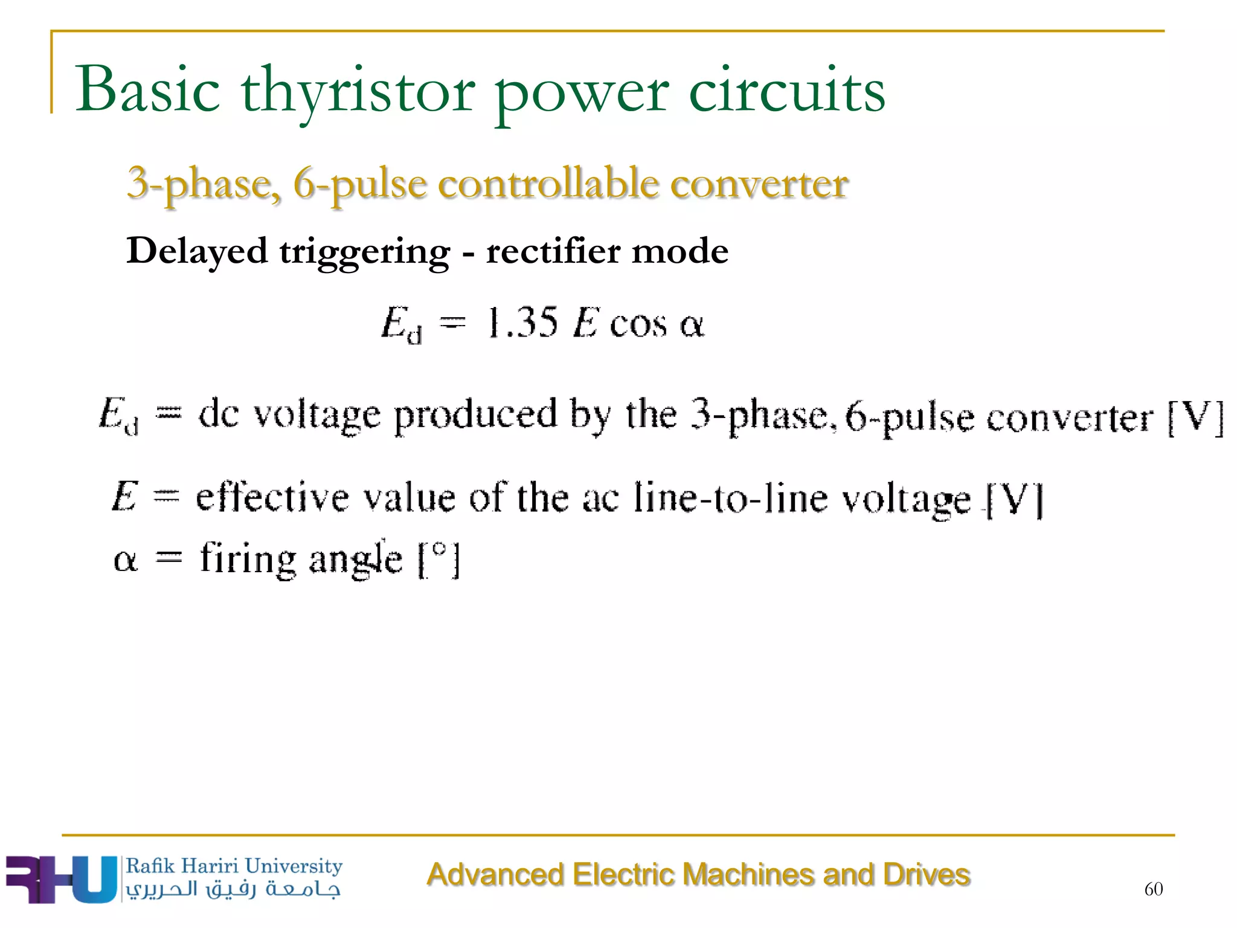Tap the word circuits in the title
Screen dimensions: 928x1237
(x=786, y=91)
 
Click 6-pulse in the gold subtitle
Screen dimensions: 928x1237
(x=360, y=185)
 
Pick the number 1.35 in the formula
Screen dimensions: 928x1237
(x=522, y=323)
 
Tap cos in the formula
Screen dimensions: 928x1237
(x=638, y=325)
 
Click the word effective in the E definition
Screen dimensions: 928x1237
(x=272, y=498)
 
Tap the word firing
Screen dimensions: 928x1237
(x=248, y=559)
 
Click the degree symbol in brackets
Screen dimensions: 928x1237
(x=439, y=551)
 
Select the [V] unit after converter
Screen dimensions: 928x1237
(x=1195, y=418)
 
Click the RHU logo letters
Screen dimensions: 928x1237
(x=60, y=879)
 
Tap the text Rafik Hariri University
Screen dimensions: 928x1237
(x=234, y=866)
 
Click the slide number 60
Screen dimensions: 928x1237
(x=1153, y=889)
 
